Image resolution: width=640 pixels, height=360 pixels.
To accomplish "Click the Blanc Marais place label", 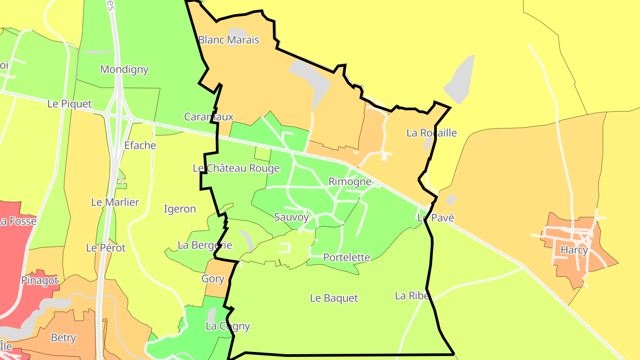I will click(x=228, y=40).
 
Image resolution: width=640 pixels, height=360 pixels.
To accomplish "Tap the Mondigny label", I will click(x=124, y=69).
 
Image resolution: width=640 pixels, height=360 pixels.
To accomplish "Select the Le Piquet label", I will click(x=70, y=104).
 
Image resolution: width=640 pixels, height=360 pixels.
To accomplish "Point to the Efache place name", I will click(x=140, y=145).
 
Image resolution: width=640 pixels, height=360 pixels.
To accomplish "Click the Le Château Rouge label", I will click(x=236, y=168).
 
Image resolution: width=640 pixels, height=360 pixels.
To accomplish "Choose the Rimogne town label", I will click(x=350, y=181).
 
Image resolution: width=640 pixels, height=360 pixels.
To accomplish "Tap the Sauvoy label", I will click(x=292, y=217).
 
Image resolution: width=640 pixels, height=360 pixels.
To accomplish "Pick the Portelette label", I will click(x=347, y=257).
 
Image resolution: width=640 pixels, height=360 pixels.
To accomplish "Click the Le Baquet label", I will click(x=334, y=298).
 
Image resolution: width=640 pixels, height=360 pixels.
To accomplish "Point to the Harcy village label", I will click(x=574, y=250).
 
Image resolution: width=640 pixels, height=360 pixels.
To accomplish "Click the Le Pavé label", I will click(x=436, y=218).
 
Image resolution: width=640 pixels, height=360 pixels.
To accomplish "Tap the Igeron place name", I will click(x=180, y=209).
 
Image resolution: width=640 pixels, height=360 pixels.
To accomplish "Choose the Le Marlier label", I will click(x=115, y=202).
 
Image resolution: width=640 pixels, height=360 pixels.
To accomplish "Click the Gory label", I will click(x=213, y=279).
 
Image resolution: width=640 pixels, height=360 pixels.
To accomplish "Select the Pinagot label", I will click(x=40, y=280).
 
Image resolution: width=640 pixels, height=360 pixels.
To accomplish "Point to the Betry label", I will click(x=64, y=338).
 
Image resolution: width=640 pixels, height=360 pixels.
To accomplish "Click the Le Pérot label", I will click(x=106, y=248).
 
